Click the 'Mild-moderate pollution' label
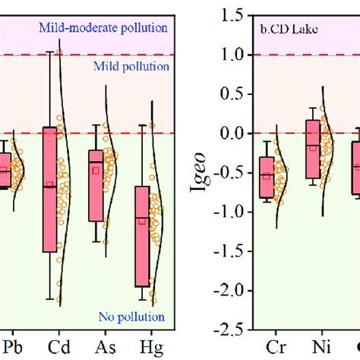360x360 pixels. [x=103, y=28]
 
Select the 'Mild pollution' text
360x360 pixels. [x=131, y=67]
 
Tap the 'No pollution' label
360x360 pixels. [x=131, y=317]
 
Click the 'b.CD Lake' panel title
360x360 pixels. [x=289, y=30]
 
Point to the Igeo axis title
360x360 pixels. [x=198, y=172]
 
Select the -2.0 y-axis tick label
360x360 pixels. [x=229, y=291]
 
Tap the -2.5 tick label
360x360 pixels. [x=229, y=330]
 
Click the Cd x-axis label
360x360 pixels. [x=58, y=347]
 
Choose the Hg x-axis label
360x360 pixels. [x=151, y=348]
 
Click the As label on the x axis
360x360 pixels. [x=106, y=347]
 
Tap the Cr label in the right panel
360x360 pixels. [x=276, y=347]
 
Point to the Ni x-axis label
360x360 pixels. [x=321, y=347]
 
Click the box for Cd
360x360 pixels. [x=49, y=189]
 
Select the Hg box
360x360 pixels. [x=142, y=236]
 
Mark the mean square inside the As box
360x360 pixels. [x=96, y=171]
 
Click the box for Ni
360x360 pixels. [x=313, y=149]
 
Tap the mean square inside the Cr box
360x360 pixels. [x=267, y=176]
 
